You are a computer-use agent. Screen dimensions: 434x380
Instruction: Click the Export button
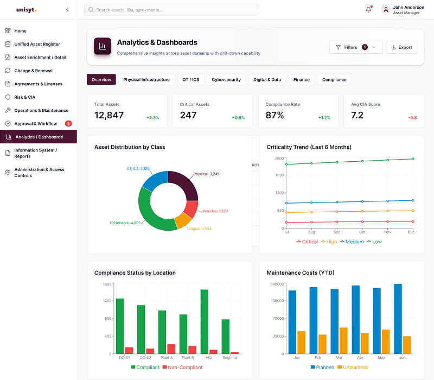pos(401,47)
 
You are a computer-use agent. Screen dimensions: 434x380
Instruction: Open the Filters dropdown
pos(356,47)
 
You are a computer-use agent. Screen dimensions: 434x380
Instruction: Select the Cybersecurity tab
pos(226,79)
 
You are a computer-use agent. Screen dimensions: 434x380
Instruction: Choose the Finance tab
pos(302,79)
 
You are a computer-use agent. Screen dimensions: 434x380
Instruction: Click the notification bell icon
pos(368,10)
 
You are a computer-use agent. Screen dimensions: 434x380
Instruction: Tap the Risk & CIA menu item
pos(24,97)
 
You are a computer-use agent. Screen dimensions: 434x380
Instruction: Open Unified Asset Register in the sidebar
pos(37,44)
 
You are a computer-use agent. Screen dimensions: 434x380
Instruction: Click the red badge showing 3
pos(68,124)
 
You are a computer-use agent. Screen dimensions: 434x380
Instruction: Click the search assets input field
pos(171,10)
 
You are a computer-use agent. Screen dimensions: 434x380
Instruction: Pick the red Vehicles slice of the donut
pos(192,208)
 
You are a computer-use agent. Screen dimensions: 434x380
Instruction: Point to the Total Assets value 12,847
pos(109,115)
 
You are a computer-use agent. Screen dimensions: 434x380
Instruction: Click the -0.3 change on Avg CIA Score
pos(412,118)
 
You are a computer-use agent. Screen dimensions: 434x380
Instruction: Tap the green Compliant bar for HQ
pos(205,321)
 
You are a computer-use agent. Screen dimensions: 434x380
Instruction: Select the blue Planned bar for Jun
pos(398,319)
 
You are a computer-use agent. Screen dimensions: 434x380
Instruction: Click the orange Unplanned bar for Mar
pos(343,341)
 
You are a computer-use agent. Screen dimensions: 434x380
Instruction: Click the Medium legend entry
pos(352,242)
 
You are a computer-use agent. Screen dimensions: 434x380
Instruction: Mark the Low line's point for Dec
pos(413,159)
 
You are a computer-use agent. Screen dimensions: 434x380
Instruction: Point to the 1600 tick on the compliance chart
pos(107,284)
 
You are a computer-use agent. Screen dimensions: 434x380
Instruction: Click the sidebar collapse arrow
pos(67,10)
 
